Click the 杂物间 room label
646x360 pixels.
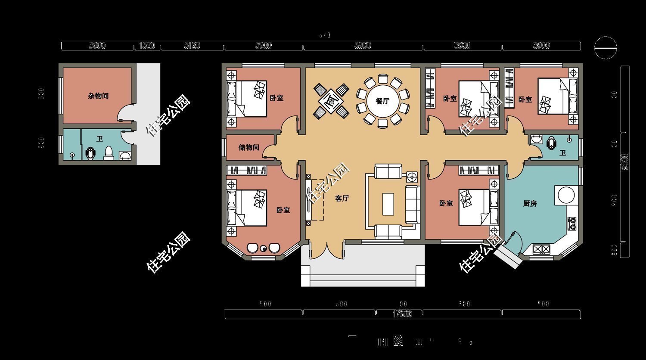coord(98,96)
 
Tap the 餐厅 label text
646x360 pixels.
coord(382,101)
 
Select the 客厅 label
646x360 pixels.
coord(342,199)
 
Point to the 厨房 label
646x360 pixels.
coord(530,204)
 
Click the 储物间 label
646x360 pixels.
coord(249,147)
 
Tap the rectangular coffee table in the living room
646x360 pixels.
coord(388,204)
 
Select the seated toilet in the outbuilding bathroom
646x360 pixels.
coord(109,153)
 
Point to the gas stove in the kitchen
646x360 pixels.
coord(572,223)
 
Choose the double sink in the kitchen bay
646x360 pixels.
coord(541,248)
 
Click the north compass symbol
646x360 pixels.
coord(605,47)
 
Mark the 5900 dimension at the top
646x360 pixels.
coord(363,46)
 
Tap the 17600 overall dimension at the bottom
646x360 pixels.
coord(402,314)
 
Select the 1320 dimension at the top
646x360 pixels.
coord(147,46)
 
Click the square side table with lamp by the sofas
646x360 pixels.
coord(412,177)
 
